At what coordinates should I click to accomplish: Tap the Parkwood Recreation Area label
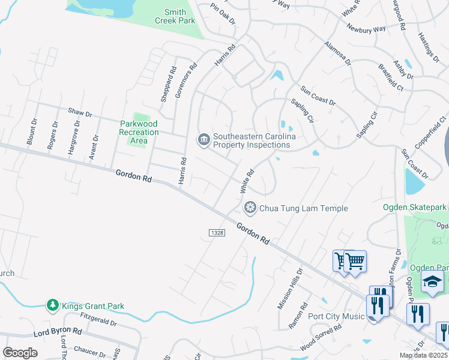click(139, 132)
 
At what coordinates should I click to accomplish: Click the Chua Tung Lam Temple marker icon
click(249, 208)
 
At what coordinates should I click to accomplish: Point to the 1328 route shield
click(217, 232)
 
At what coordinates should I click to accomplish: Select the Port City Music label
click(337, 316)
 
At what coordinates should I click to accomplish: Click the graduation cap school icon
click(432, 281)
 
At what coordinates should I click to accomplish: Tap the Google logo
click(20, 352)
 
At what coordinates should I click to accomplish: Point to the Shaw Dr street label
click(79, 112)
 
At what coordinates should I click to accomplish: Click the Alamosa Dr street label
click(337, 53)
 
